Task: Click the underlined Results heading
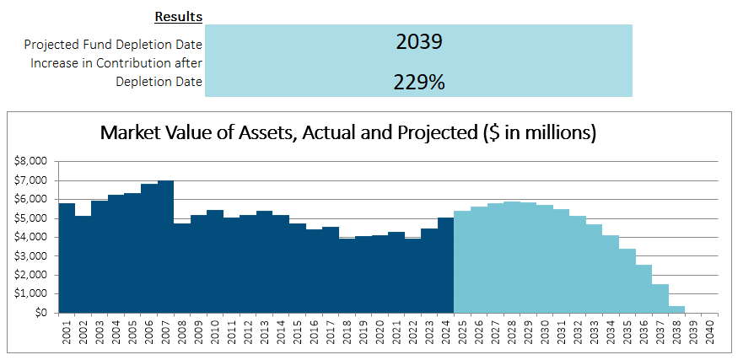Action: [x=179, y=17]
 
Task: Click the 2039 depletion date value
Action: [x=419, y=41]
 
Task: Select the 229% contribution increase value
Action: [x=419, y=83]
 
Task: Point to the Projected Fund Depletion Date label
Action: [x=113, y=45]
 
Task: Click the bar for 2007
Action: [x=165, y=247]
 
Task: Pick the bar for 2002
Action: [x=83, y=265]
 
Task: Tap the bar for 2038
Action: [x=676, y=309]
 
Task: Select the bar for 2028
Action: [x=512, y=257]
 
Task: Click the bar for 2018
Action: [x=347, y=276]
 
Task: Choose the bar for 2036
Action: [x=644, y=289]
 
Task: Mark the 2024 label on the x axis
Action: [x=446, y=330]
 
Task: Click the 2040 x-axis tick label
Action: [x=710, y=330]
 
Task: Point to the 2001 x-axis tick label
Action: [x=67, y=330]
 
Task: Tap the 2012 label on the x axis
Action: [x=248, y=330]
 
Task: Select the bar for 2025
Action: [x=462, y=262]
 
